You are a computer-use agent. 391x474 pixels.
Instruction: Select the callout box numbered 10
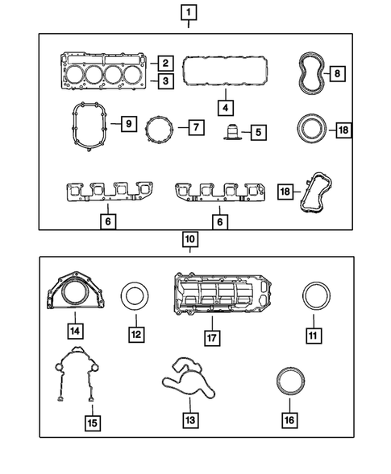tap(188, 239)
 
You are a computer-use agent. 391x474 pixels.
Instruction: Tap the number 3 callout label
tap(164, 80)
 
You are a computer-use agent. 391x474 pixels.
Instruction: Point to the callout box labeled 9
tap(126, 124)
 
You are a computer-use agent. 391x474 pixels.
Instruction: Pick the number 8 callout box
tap(338, 73)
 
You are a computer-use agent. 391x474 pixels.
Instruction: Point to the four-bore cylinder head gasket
tap(105, 69)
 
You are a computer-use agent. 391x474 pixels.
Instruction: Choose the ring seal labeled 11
tap(314, 295)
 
